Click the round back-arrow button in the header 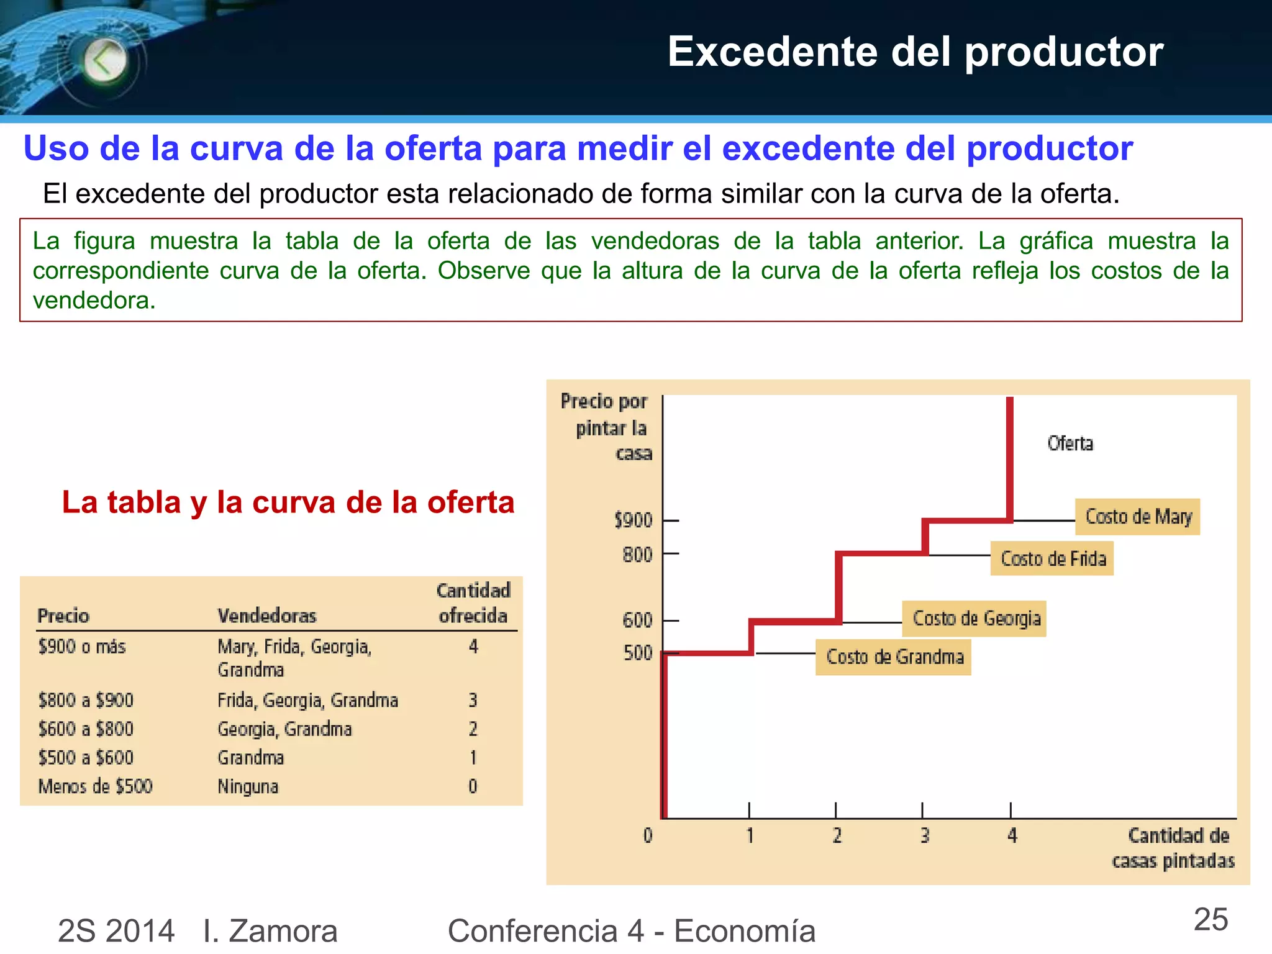tap(105, 61)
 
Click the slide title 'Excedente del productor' tap(915, 52)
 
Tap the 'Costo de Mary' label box tap(1137, 517)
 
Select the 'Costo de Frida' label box tap(1052, 558)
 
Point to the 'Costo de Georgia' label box tap(974, 619)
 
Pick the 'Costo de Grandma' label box tap(893, 657)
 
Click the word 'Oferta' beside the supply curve tap(1070, 443)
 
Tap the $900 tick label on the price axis tap(633, 520)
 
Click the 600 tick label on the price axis tap(637, 620)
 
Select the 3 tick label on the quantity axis tap(924, 836)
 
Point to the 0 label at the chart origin tap(648, 836)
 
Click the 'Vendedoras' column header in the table tap(266, 616)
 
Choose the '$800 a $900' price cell tap(86, 701)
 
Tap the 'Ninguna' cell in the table tap(248, 787)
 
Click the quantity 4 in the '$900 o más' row tap(473, 647)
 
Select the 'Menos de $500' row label tap(95, 787)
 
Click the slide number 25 tap(1211, 920)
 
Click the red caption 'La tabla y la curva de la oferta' tap(288, 502)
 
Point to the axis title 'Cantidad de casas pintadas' tap(1173, 848)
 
